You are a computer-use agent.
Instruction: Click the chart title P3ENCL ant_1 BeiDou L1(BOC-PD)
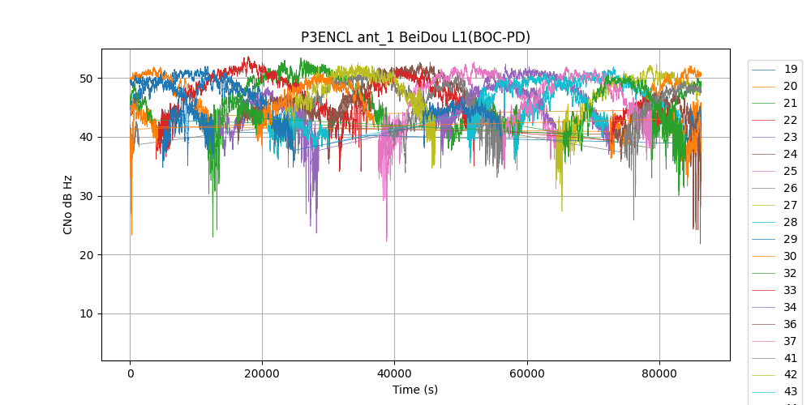pos(415,37)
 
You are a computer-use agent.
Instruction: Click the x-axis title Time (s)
pos(415,390)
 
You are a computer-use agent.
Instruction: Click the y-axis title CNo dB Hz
pos(68,204)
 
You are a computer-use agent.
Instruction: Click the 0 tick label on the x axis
pos(130,373)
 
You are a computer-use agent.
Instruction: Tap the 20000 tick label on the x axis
pos(262,373)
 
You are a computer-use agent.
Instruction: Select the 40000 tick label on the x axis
pos(394,373)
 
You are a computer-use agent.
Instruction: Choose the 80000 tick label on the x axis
pos(659,373)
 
